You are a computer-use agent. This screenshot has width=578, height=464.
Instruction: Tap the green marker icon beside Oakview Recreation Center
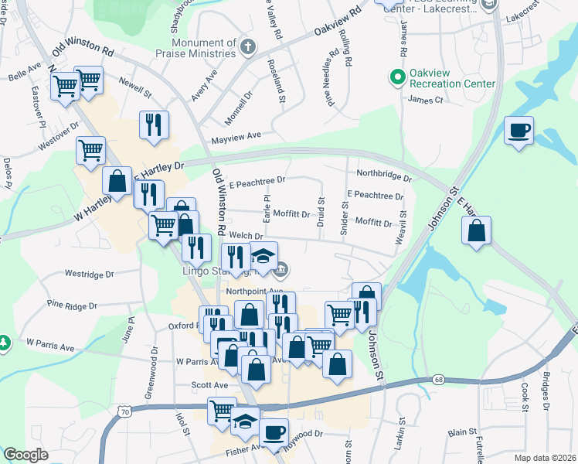pos(397,77)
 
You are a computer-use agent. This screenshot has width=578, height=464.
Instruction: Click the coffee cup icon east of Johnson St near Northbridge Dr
pos(518,130)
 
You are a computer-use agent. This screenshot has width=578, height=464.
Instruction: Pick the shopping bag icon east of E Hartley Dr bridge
pos(477,230)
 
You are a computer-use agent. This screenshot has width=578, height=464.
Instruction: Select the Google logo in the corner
pos(25,455)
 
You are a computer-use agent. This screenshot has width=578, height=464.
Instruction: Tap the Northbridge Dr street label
pos(383,174)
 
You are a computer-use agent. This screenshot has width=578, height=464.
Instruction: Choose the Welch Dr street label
pos(242,236)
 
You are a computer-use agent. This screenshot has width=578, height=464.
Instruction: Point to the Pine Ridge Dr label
pos(72,305)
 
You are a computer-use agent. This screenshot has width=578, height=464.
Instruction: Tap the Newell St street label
pos(135,87)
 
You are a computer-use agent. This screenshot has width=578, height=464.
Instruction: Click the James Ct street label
pos(424,100)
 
